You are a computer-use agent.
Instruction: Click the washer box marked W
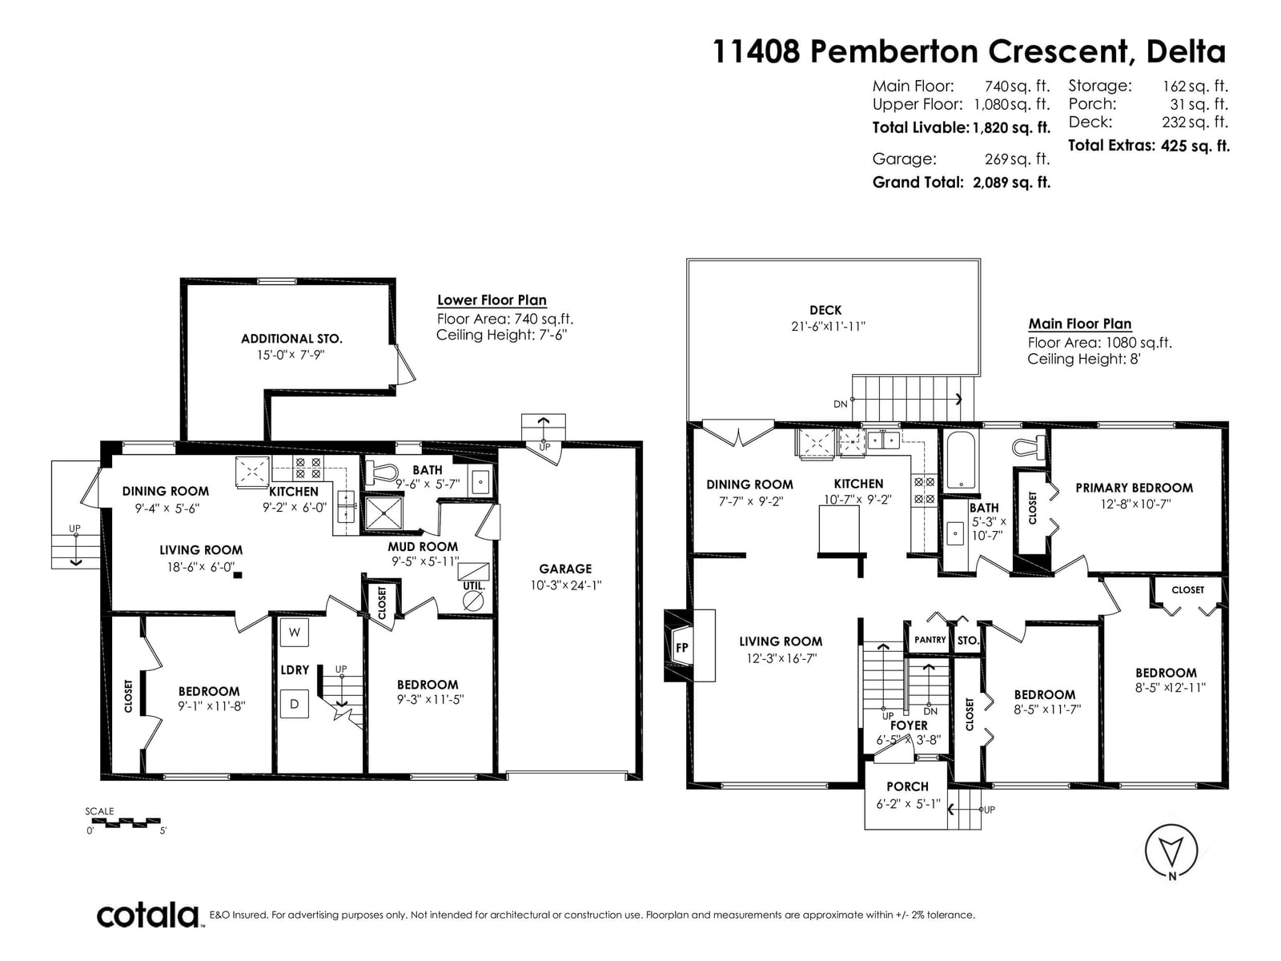tap(294, 632)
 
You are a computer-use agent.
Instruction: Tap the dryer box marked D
tap(294, 704)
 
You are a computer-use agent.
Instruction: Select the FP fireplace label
tap(681, 647)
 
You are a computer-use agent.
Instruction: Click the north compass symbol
tap(1171, 851)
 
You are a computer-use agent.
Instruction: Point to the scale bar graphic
tap(126, 822)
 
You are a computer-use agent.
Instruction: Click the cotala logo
tap(147, 915)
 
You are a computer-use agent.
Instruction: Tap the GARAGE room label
tap(565, 569)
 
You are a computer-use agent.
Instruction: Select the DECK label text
tap(825, 310)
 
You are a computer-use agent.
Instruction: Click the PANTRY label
tap(930, 640)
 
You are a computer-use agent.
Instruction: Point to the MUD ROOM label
tap(423, 547)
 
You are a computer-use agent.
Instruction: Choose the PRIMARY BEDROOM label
tap(1134, 488)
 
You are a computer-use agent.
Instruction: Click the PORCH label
tap(907, 786)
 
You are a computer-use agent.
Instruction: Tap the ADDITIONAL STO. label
tap(291, 339)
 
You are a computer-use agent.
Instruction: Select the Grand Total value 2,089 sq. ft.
tap(1011, 183)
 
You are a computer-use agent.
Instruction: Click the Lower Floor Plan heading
tap(492, 300)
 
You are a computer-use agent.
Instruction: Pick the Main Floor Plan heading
tap(1080, 324)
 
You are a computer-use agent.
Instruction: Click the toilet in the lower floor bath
tap(380, 472)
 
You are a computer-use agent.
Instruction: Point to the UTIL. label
tap(474, 586)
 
